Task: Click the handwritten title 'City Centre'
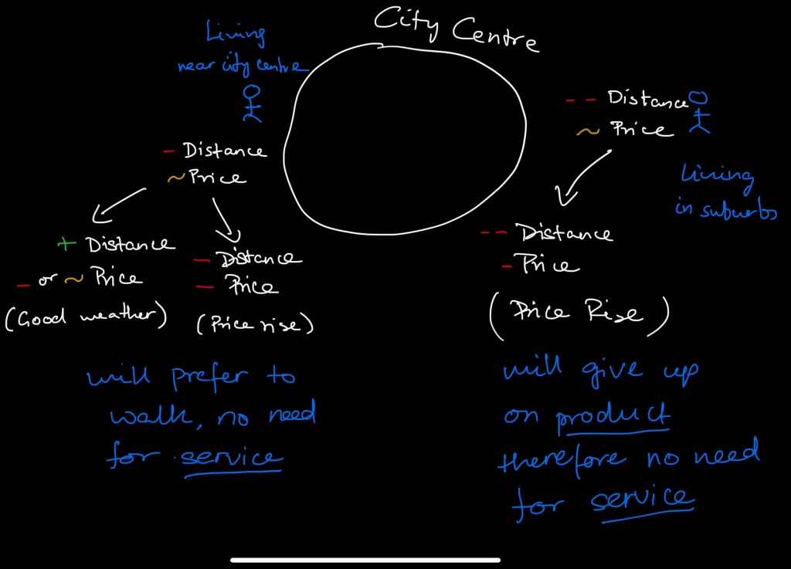pos(457,29)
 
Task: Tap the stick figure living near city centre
pos(253,103)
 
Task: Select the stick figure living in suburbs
pos(700,113)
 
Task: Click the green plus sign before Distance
pos(66,245)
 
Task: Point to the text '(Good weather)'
pos(86,317)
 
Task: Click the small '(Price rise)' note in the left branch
pos(255,324)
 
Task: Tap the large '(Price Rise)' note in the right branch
pos(579,314)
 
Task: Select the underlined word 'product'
pos(613,418)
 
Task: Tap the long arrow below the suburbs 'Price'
pos(583,178)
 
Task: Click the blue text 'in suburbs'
pos(726,209)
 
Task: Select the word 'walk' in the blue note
pos(151,416)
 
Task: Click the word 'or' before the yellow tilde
pos(47,279)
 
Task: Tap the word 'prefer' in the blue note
pos(209,378)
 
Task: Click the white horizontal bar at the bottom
pos(365,560)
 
